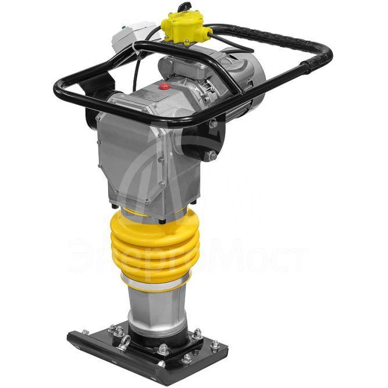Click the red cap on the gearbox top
164,86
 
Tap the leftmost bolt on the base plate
86,332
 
